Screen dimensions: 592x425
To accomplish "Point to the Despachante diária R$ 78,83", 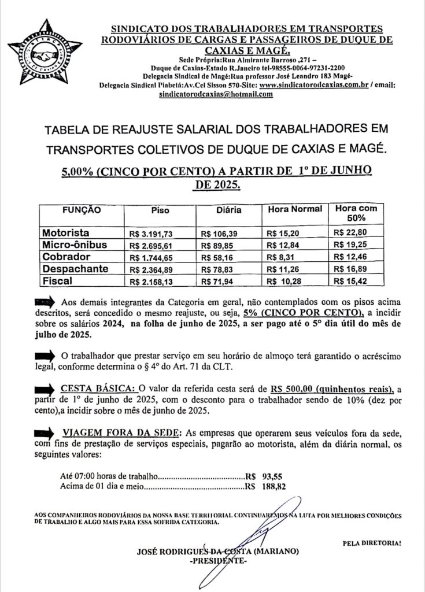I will (218, 269).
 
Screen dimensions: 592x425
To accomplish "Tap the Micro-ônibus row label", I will (74, 245).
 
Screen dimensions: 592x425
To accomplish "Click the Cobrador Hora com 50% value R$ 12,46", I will (350, 257).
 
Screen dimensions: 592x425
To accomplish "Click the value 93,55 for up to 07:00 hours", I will (274, 476).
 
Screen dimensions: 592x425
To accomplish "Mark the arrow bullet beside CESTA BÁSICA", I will (46, 387).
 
